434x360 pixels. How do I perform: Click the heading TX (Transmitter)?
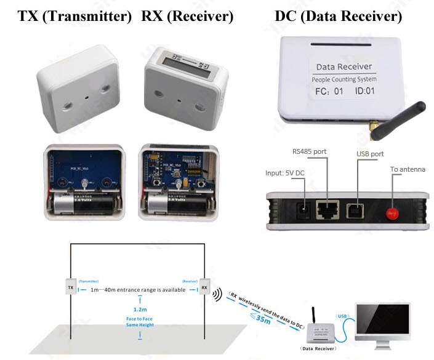point(74,17)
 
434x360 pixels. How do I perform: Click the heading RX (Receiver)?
point(187,17)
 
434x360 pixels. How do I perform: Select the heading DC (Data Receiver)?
point(338,17)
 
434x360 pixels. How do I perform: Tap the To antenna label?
point(408,169)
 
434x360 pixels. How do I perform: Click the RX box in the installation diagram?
point(203,287)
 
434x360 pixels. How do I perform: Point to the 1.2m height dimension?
point(141,310)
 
